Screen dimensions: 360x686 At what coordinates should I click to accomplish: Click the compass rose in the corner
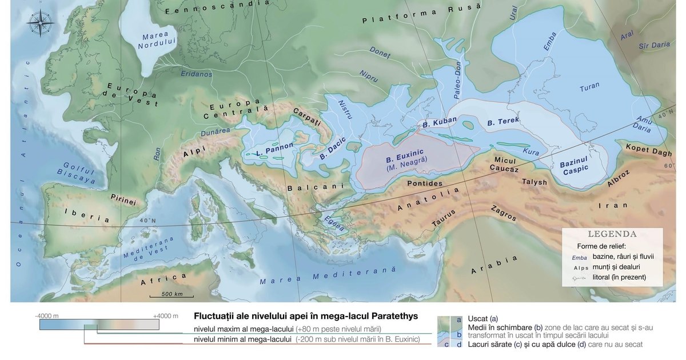(40, 23)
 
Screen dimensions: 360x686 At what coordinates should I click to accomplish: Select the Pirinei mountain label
(123, 201)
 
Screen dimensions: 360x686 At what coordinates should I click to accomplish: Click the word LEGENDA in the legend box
(612, 234)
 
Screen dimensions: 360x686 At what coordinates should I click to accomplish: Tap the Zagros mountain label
(504, 213)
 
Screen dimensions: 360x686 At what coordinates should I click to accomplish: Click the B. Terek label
(503, 122)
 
